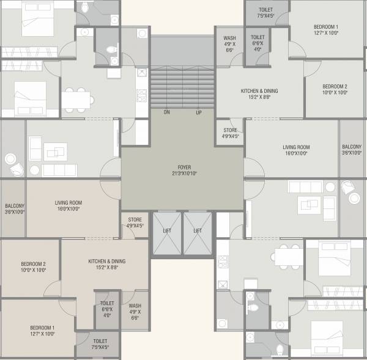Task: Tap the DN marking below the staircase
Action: pyautogui.click(x=166, y=112)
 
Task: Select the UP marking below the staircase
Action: pyautogui.click(x=199, y=112)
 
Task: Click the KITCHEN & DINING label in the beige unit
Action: pyautogui.click(x=106, y=261)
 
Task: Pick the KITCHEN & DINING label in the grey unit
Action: pyautogui.click(x=259, y=90)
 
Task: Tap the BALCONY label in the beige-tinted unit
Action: pyautogui.click(x=14, y=206)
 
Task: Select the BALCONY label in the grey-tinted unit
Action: pyautogui.click(x=352, y=147)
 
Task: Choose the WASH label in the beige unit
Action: pyautogui.click(x=135, y=306)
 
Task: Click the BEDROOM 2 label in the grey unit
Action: pyautogui.click(x=335, y=86)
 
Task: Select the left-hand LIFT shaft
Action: pyautogui.click(x=166, y=230)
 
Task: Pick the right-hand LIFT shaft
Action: pyautogui.click(x=198, y=230)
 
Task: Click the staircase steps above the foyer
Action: pyautogui.click(x=182, y=86)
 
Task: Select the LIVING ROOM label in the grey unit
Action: pyautogui.click(x=296, y=147)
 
